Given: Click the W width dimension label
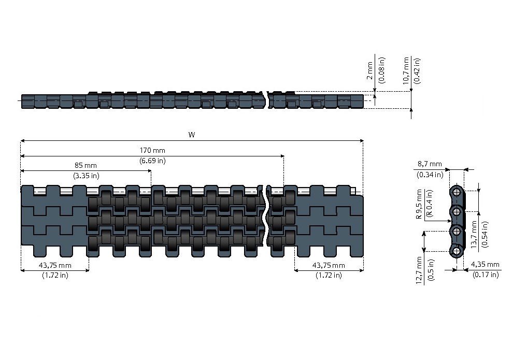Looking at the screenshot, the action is [x=192, y=135].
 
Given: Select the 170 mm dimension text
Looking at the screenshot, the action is [x=152, y=150].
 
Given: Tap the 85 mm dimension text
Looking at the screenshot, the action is [x=86, y=165].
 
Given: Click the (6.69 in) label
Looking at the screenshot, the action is [x=152, y=161].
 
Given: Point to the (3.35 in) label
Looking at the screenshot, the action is [x=86, y=175].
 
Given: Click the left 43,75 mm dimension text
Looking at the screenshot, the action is [x=55, y=265].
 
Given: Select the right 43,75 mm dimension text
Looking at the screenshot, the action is [x=329, y=265].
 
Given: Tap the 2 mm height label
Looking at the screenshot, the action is [x=369, y=70].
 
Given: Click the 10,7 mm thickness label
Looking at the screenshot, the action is [x=406, y=70].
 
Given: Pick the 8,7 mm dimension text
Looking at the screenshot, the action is [x=430, y=164].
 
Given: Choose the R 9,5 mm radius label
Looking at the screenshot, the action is [x=419, y=204].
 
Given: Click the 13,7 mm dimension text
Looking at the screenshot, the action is [x=474, y=235].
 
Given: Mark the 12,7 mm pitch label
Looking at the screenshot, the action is [x=419, y=271].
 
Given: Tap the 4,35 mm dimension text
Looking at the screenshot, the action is [x=485, y=265].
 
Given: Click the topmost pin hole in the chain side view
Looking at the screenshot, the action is [x=457, y=192].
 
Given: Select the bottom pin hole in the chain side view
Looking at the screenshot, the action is [x=457, y=251].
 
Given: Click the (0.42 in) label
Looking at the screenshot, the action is [x=417, y=70].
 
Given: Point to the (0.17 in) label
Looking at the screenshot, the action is [x=486, y=275].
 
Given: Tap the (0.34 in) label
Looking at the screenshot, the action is [x=430, y=174].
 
